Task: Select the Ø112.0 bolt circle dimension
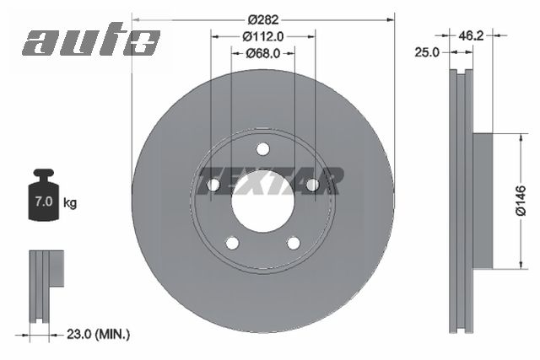pyautogui.click(x=262, y=35)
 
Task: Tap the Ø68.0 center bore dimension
pyautogui.click(x=262, y=53)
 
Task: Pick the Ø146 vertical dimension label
pyautogui.click(x=521, y=201)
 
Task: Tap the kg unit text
pyautogui.click(x=70, y=203)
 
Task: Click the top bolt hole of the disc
pyautogui.click(x=262, y=149)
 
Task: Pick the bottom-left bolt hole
pyautogui.click(x=232, y=243)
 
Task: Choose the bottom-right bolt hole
pyautogui.click(x=293, y=243)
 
